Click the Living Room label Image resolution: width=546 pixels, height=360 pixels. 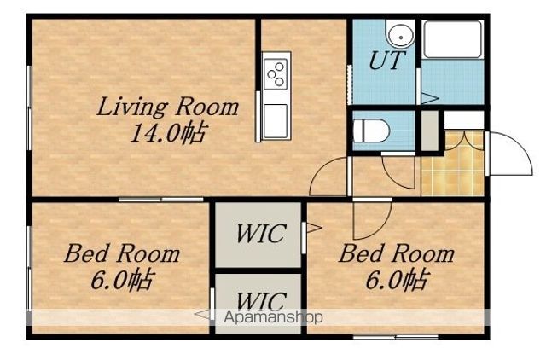(x=167, y=107)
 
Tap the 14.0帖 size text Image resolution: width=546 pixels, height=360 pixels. (x=169, y=132)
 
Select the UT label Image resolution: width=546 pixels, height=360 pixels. (x=386, y=61)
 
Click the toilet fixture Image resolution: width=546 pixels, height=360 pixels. (x=370, y=131)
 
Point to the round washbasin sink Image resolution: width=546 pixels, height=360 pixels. (x=401, y=36)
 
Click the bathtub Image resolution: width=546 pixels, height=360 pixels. (x=452, y=39)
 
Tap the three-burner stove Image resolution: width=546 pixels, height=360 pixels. (x=276, y=74)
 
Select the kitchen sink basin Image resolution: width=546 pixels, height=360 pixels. (x=276, y=121)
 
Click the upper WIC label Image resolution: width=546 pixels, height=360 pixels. (x=261, y=234)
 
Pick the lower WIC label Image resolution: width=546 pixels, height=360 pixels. (x=261, y=300)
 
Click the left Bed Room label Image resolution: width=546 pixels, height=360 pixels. (x=122, y=253)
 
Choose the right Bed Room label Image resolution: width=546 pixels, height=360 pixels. (x=397, y=253)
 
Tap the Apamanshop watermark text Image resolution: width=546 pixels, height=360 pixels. (x=273, y=317)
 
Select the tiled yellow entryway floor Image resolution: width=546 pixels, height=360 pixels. (x=453, y=163)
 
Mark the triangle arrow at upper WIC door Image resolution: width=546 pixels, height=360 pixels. (x=313, y=229)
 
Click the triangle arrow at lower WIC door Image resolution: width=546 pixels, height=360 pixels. (x=203, y=315)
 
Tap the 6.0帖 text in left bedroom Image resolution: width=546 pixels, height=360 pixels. (x=123, y=280)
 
